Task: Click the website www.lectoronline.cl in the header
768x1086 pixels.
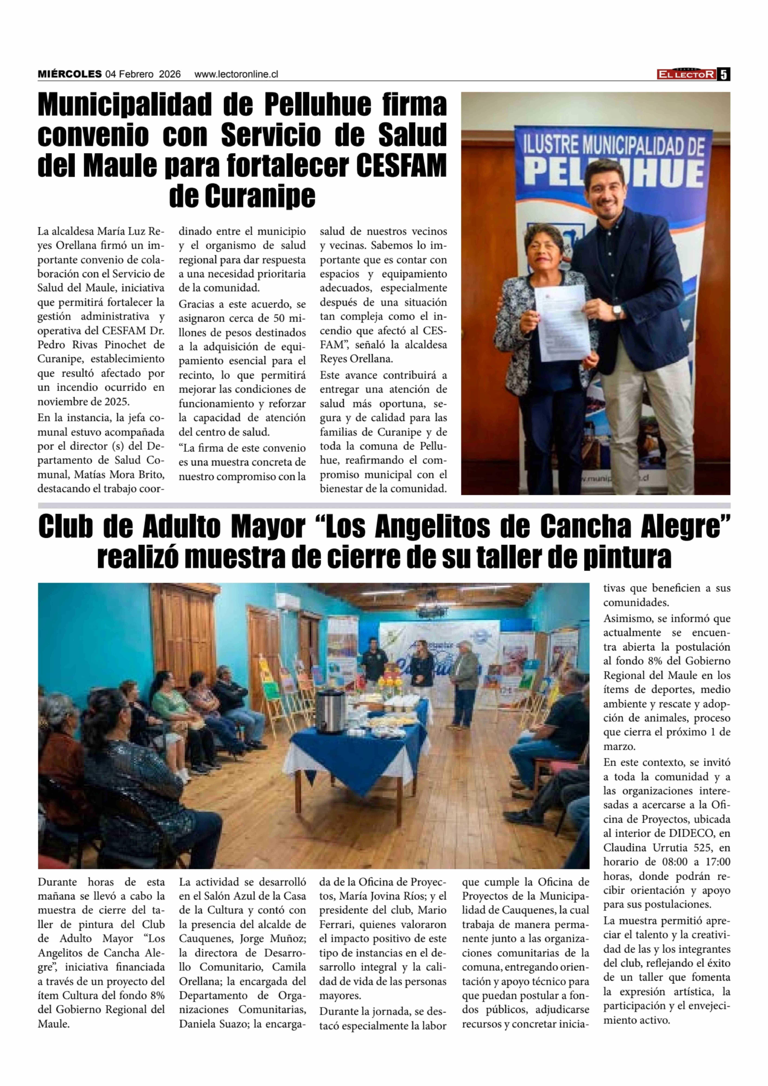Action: point(236,74)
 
